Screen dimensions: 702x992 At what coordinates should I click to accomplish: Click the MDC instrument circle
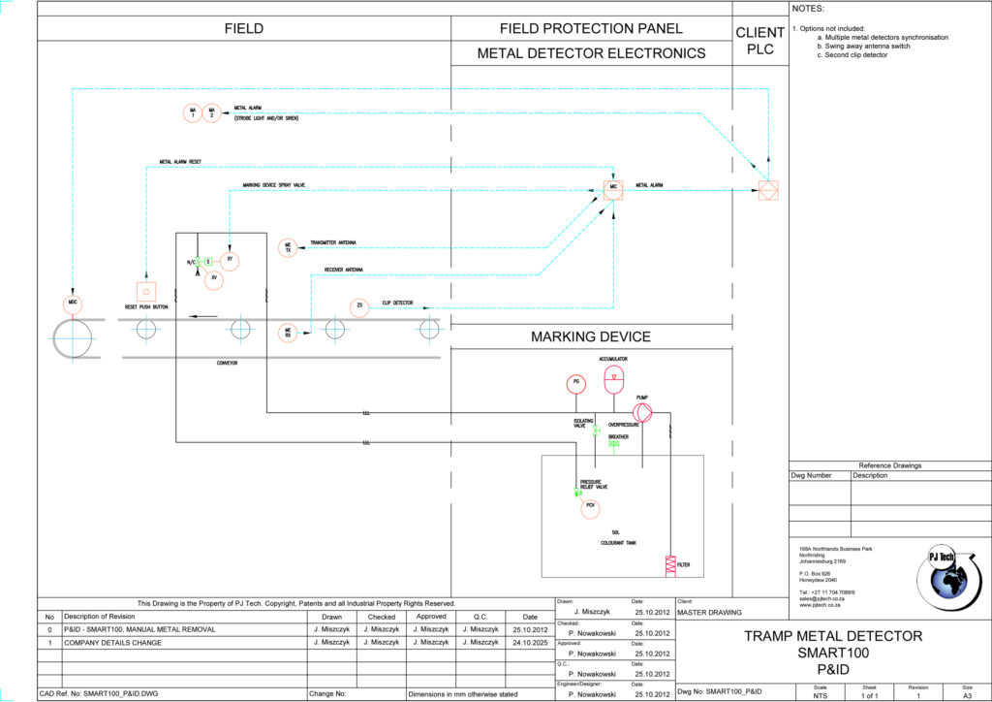(x=73, y=303)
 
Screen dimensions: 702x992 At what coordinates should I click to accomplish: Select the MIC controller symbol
(x=613, y=187)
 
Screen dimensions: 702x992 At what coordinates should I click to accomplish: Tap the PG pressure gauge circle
(x=576, y=383)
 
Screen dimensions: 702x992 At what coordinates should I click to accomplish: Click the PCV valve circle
(x=589, y=505)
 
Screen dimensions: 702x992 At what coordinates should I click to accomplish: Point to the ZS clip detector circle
(x=359, y=306)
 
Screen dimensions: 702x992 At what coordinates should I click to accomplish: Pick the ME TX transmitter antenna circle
(x=288, y=248)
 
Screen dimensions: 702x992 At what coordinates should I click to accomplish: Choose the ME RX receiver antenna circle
(x=288, y=333)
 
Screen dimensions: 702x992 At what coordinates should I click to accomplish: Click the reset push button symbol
(x=146, y=290)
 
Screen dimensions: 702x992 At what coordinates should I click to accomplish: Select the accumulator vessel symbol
(x=614, y=379)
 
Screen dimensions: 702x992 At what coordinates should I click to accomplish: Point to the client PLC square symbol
(x=768, y=190)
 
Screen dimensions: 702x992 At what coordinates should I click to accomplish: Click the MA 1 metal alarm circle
(x=193, y=113)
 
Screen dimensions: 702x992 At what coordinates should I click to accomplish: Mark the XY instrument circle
(x=230, y=260)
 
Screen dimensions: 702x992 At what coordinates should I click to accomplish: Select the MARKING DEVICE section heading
(x=591, y=337)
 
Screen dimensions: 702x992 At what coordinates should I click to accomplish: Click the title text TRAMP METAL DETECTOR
(x=832, y=636)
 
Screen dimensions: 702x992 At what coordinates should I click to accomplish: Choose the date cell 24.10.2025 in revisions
(x=530, y=642)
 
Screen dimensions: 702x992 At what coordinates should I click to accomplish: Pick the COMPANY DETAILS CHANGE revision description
(x=114, y=642)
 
